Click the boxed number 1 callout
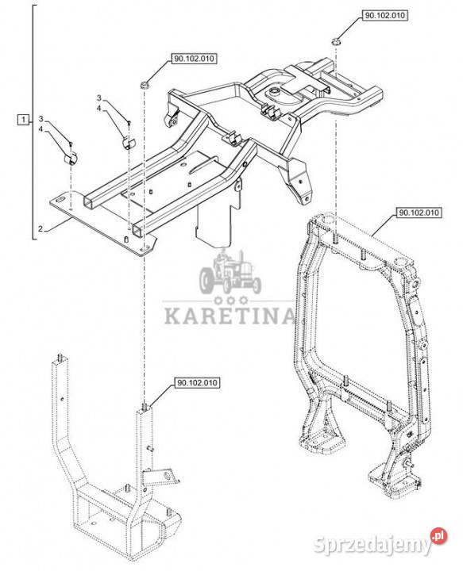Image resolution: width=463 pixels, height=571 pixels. [x=23, y=119]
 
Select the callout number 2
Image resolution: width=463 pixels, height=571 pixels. [x=41, y=229]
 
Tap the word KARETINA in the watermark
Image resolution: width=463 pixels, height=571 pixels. [x=229, y=316]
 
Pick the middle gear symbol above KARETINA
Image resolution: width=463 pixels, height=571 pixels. [x=231, y=301]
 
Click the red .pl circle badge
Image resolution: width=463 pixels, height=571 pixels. [x=438, y=536]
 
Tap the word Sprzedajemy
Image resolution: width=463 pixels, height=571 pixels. [x=372, y=545]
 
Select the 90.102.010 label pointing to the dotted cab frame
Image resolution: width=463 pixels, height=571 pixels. [x=419, y=213]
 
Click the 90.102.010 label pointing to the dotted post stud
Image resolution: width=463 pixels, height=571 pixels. [x=197, y=383]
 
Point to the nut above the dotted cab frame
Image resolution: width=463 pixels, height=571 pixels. [x=335, y=41]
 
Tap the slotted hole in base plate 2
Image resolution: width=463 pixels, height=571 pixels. [x=60, y=199]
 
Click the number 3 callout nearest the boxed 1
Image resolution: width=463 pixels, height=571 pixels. [x=41, y=119]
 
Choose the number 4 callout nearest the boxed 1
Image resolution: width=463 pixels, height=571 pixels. [x=41, y=129]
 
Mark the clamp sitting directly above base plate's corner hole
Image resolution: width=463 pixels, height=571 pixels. [x=71, y=158]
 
